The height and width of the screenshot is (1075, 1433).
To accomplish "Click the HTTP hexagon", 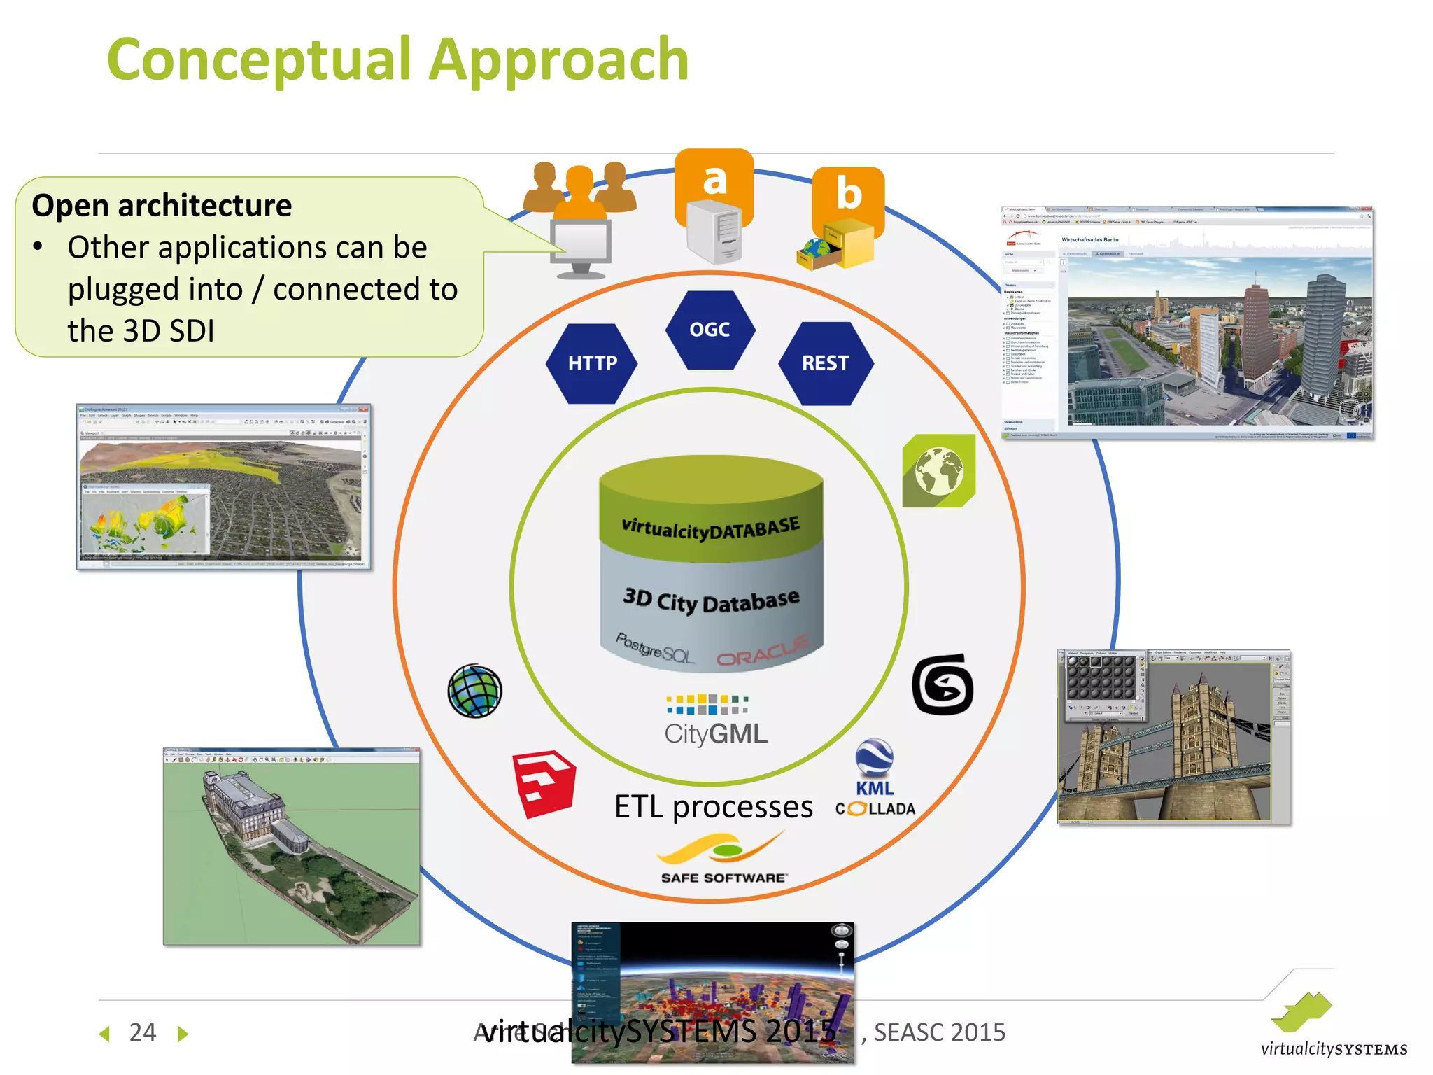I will (x=592, y=363).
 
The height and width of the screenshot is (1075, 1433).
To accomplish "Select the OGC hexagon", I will (x=710, y=330).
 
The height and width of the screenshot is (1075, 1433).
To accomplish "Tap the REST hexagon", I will (x=825, y=363).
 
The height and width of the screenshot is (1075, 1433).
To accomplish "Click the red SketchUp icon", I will (x=544, y=783).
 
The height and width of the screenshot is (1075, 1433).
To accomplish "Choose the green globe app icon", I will (x=938, y=470).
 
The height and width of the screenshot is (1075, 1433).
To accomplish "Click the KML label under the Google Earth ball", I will (x=874, y=789).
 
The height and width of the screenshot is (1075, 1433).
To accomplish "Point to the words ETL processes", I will (x=713, y=807).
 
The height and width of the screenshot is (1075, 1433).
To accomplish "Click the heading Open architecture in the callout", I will (x=162, y=206).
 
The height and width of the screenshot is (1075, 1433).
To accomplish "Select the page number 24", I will (x=143, y=1032).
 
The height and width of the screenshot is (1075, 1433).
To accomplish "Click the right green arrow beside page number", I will (x=183, y=1034).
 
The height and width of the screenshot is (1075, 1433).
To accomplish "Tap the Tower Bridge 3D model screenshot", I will (x=1173, y=737).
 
